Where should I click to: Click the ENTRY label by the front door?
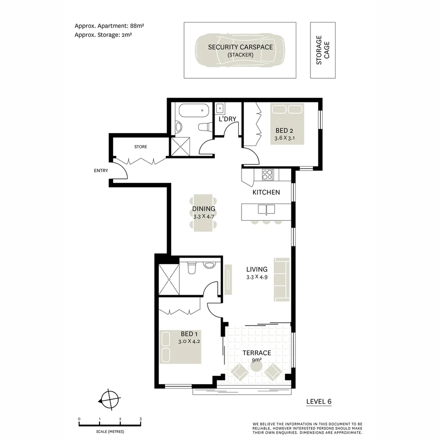click(x=101, y=171)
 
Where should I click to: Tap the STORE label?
click(x=141, y=147)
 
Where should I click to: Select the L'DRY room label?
click(x=227, y=119)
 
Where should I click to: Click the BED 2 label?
click(x=284, y=131)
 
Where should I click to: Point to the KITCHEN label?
click(x=266, y=192)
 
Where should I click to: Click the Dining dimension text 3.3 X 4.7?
click(x=203, y=217)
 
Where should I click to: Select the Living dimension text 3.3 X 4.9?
click(x=257, y=277)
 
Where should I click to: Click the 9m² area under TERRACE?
click(x=256, y=360)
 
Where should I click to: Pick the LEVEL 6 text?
click(x=319, y=401)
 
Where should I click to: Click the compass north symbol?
click(x=110, y=400)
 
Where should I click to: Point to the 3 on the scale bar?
click(x=141, y=419)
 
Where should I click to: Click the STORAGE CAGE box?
click(x=323, y=50)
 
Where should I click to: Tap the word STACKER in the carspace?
click(x=240, y=55)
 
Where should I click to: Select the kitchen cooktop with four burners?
click(x=267, y=175)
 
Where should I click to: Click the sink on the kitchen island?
click(x=266, y=209)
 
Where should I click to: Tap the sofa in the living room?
click(x=282, y=279)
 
